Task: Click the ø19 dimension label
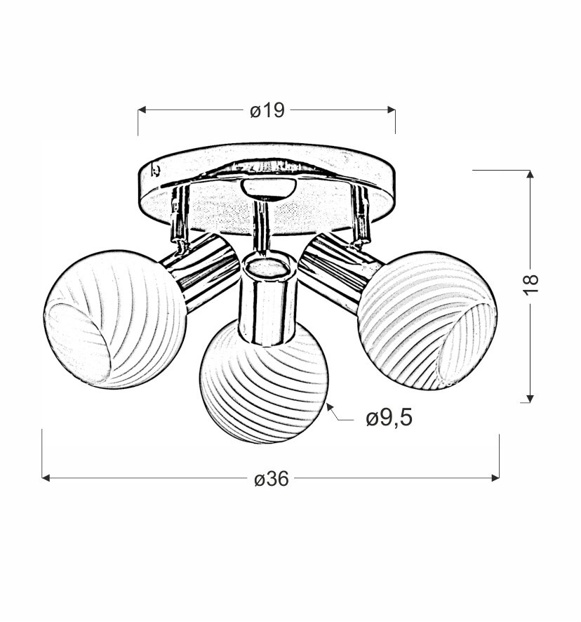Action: tap(267, 110)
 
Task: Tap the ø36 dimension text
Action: tap(272, 479)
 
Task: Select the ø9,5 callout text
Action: tap(389, 418)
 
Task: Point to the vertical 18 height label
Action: tap(530, 284)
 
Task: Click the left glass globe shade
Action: tap(115, 319)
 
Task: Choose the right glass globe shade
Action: tap(427, 321)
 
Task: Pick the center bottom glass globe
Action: tap(264, 382)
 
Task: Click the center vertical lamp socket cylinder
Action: tap(268, 298)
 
